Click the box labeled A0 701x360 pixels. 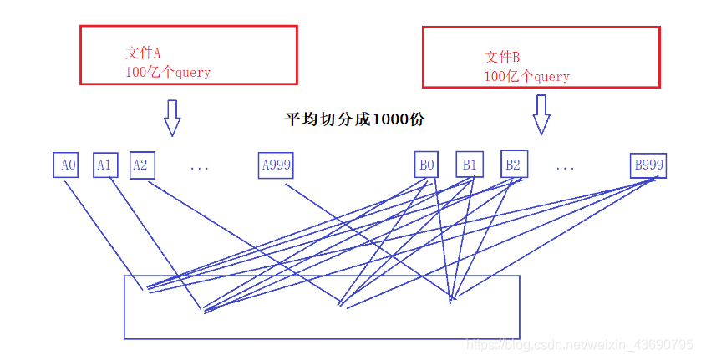[69, 165]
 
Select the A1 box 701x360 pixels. [104, 165]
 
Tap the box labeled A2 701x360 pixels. [140, 165]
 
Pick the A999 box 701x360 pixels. [276, 165]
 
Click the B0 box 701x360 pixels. [426, 165]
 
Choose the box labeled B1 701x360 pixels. [469, 165]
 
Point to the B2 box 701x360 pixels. [512, 164]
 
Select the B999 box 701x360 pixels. [648, 165]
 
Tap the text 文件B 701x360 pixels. [502, 57]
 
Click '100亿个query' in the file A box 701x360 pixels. [168, 73]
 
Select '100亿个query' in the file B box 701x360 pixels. [526, 77]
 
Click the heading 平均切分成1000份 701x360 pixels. [355, 119]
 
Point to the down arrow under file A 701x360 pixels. [172, 118]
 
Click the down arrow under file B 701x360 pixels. [541, 114]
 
